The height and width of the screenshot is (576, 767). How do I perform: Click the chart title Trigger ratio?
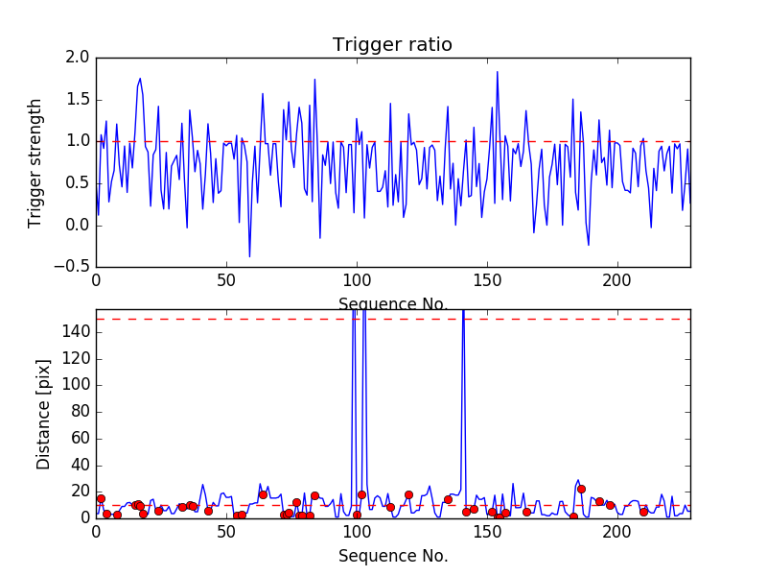click(392, 45)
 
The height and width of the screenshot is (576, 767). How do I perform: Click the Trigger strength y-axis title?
click(35, 163)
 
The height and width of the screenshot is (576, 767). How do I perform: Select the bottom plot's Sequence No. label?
click(392, 556)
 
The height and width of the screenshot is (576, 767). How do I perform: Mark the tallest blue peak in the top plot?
click(497, 72)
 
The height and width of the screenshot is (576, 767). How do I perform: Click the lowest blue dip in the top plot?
click(249, 256)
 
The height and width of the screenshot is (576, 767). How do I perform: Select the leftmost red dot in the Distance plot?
click(101, 498)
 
